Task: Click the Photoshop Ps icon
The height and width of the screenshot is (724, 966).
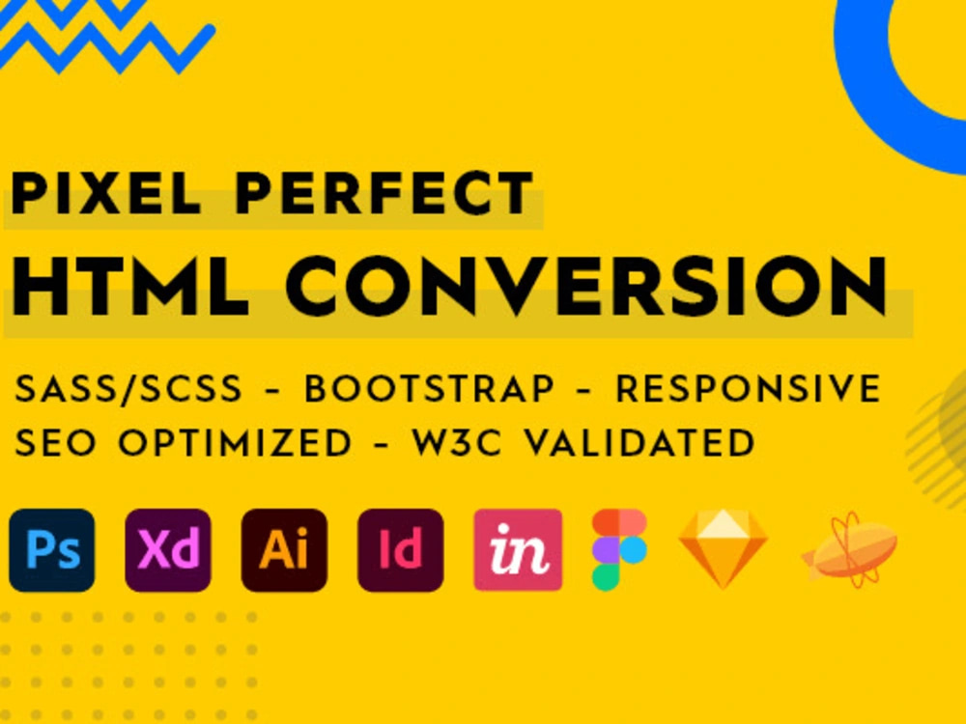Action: [x=52, y=550]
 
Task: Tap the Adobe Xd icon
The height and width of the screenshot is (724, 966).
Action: [x=168, y=550]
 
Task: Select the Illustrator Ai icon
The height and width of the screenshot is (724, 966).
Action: [x=284, y=550]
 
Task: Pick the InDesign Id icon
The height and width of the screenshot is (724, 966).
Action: [x=400, y=550]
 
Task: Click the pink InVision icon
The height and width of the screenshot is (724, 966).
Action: [x=518, y=550]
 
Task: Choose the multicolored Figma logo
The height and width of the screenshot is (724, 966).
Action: [x=618, y=549]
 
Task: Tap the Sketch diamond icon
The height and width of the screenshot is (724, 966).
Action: [x=724, y=549]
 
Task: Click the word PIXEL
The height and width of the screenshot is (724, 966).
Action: [x=106, y=194]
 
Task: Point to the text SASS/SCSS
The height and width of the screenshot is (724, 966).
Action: [x=128, y=390]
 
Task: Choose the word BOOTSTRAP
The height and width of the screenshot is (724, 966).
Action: [x=430, y=390]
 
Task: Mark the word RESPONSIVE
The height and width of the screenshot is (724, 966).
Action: [x=749, y=390]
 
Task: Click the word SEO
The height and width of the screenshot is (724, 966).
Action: [x=59, y=443]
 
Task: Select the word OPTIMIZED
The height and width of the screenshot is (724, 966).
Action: [x=235, y=443]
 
